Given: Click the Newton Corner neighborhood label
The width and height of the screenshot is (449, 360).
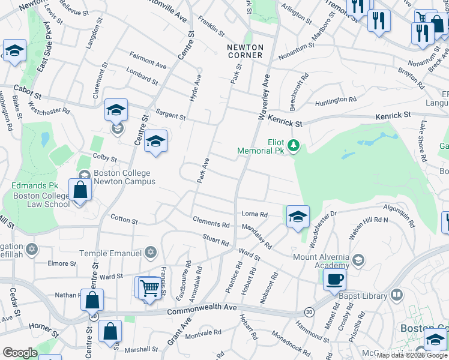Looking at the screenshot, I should [x=245, y=51].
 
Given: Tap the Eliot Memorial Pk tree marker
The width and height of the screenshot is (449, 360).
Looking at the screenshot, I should [x=294, y=145].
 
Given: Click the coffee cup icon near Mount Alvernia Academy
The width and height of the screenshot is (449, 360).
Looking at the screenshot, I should [x=334, y=279].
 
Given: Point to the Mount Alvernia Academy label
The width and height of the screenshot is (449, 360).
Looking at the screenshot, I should [x=321, y=261].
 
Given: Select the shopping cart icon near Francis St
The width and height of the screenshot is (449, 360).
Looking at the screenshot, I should [x=148, y=287].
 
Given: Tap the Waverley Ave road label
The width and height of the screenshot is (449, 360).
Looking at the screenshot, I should [x=264, y=95].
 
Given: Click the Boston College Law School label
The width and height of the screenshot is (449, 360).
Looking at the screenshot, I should [x=41, y=200].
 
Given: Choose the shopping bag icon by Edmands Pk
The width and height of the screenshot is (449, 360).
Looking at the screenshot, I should [x=80, y=190].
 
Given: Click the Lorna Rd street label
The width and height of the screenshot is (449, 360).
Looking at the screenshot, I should [x=254, y=214].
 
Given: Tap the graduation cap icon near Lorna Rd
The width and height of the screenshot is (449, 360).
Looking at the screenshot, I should [x=298, y=217].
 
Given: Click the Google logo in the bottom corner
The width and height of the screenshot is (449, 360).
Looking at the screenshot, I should [x=20, y=353].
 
